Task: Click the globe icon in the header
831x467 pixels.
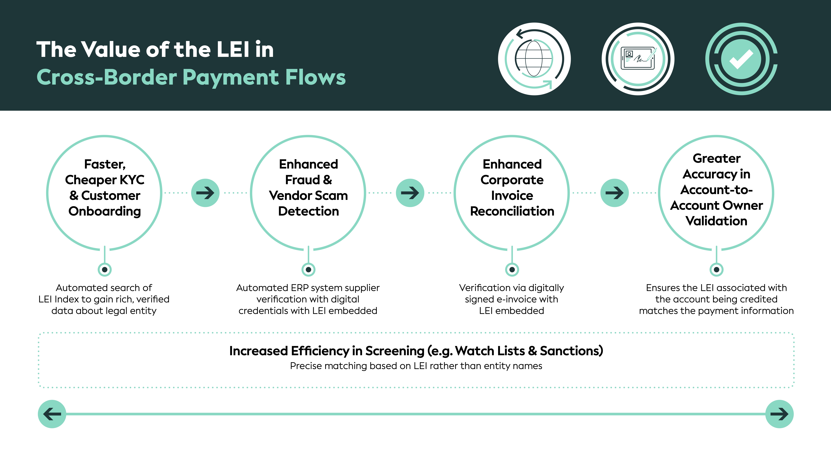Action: (534, 59)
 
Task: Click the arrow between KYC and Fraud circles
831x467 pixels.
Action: (205, 193)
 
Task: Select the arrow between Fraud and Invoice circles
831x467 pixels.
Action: (410, 193)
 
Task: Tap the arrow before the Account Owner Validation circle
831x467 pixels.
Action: (614, 193)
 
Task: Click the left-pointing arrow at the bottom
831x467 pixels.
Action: (52, 414)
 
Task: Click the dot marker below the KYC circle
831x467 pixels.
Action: (104, 269)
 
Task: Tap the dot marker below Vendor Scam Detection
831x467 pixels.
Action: (308, 269)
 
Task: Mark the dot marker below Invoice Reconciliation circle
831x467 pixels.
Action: (512, 269)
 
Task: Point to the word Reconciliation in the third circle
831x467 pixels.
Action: (512, 211)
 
